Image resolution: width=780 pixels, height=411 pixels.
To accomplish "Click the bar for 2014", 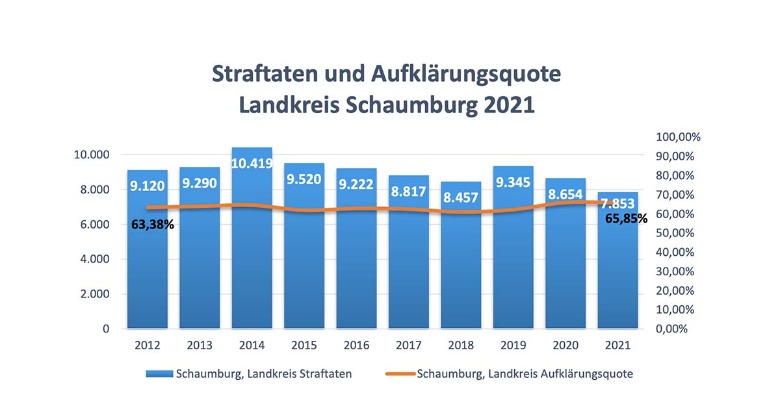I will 252,260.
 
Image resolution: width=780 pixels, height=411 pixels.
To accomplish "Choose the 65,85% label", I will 627,219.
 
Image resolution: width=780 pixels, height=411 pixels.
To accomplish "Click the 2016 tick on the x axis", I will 356,345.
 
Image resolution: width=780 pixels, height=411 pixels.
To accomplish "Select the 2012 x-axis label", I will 148,345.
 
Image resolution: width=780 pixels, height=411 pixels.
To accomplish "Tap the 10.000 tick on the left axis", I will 92,155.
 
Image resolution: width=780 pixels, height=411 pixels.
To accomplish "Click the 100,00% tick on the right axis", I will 678,137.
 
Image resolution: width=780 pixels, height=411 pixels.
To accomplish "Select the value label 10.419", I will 252,164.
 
